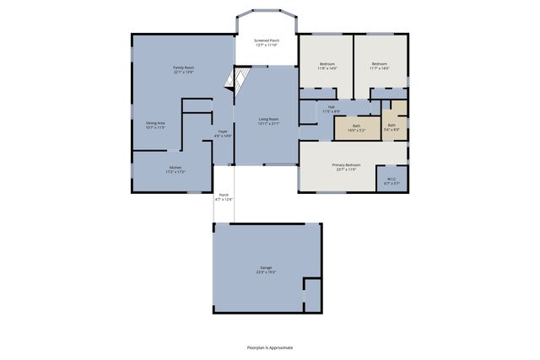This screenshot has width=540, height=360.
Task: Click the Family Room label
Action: (x=183, y=67)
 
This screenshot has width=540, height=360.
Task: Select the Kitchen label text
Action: (x=175, y=168)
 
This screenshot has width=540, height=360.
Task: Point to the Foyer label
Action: (x=223, y=132)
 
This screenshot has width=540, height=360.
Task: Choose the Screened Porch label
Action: (x=267, y=40)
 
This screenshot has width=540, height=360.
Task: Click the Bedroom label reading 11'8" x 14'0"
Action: (x=327, y=64)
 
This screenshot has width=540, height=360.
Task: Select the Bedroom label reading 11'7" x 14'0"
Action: (x=381, y=64)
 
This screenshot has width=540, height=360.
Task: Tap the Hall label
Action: (x=332, y=107)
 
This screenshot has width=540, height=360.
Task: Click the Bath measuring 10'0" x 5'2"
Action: (x=357, y=127)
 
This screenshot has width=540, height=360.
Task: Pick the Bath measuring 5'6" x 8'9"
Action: (x=391, y=125)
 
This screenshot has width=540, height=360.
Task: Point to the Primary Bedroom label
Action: (x=346, y=165)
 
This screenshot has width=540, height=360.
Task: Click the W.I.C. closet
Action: (x=391, y=179)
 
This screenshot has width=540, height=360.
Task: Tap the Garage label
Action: (x=267, y=269)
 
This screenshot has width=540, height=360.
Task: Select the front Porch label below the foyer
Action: (x=223, y=195)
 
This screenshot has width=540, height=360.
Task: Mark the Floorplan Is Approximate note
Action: (x=269, y=347)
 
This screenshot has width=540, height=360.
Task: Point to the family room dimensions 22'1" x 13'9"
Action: (x=183, y=72)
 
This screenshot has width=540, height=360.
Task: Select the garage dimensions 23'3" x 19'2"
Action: (x=267, y=273)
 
